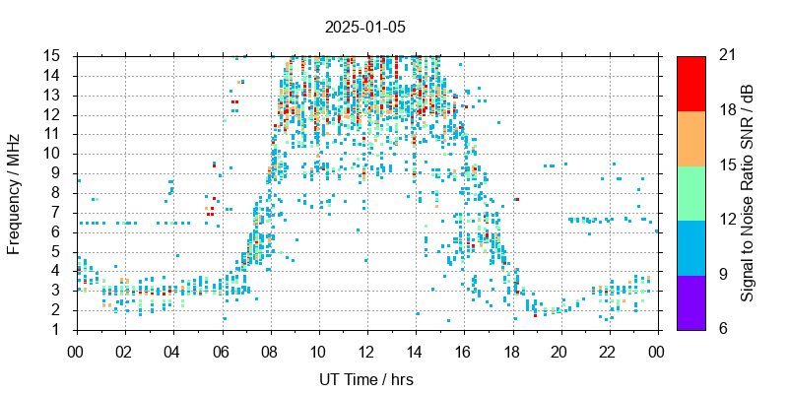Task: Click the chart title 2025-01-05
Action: (x=366, y=27)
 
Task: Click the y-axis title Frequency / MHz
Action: (x=14, y=192)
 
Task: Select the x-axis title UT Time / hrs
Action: (x=366, y=379)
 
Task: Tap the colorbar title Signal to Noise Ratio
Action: (x=748, y=192)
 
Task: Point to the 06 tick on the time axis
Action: (x=221, y=350)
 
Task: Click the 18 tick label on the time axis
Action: (x=511, y=350)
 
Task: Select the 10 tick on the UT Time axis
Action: (x=318, y=350)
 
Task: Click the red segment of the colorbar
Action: (x=690, y=83)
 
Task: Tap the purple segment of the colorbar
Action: (x=690, y=301)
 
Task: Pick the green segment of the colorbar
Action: (x=690, y=192)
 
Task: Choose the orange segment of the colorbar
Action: (x=690, y=137)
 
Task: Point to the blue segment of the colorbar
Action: (x=690, y=246)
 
